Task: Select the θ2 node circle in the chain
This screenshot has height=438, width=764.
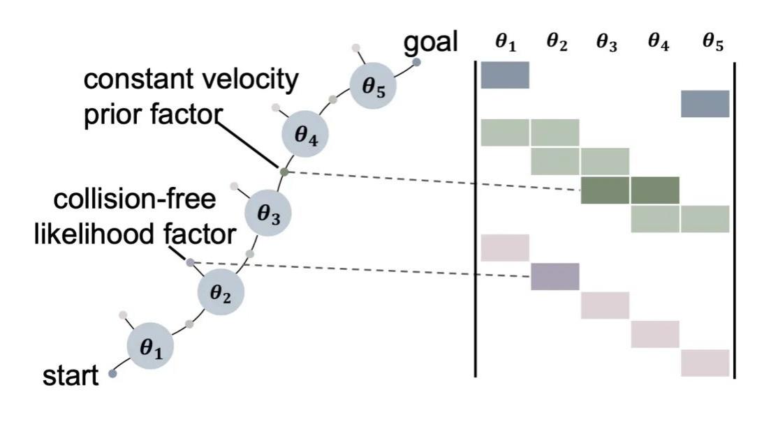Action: click(220, 294)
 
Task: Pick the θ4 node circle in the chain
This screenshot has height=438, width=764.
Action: click(305, 135)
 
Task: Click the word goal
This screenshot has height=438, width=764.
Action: click(429, 43)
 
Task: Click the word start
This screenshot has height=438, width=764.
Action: click(71, 376)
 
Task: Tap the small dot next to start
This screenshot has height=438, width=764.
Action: click(112, 375)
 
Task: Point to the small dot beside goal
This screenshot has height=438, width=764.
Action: click(416, 63)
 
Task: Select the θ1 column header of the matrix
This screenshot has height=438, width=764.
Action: click(505, 43)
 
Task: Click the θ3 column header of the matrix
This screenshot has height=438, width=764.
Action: click(605, 43)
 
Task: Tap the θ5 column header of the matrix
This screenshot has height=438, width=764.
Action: click(712, 43)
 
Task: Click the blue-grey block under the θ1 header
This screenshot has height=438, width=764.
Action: click(505, 75)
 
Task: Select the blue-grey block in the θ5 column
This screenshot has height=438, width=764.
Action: click(705, 104)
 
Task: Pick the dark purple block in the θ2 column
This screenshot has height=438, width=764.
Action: click(554, 276)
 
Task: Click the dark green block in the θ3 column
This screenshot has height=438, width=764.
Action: click(605, 190)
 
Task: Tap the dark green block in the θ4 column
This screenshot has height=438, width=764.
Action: click(655, 190)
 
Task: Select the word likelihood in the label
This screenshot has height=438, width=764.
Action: click(95, 235)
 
